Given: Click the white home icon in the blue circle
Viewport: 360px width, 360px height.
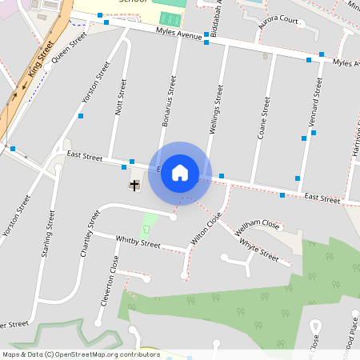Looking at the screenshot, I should click(180, 172).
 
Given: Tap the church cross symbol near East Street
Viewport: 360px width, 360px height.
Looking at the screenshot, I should click(134, 186).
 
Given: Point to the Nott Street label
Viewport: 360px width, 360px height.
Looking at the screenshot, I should click(121, 97).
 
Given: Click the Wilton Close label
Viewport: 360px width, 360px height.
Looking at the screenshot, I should click(205, 230).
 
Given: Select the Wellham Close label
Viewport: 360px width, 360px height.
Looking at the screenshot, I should click(256, 225).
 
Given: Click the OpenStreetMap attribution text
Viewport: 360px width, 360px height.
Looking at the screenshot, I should click(81, 354).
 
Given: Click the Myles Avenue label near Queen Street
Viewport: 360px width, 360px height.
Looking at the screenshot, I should click(178, 35).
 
